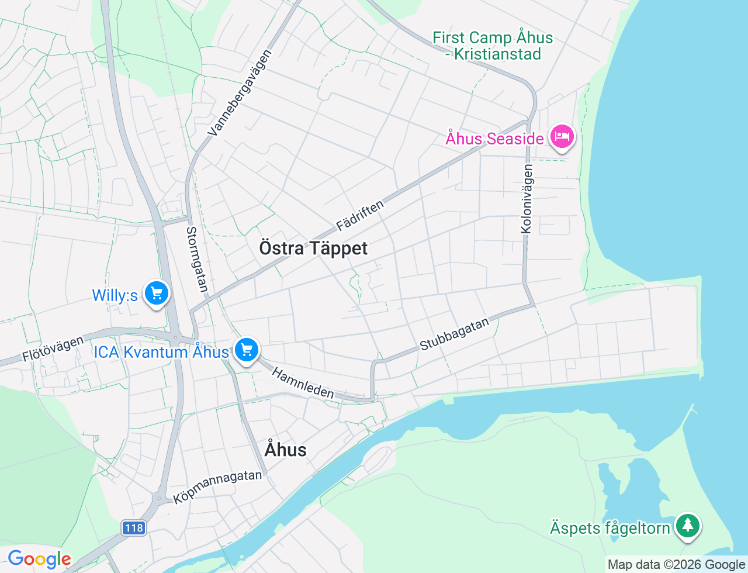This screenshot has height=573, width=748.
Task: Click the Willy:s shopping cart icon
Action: [156, 294]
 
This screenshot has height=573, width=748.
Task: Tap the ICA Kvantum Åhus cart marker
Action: [247, 350]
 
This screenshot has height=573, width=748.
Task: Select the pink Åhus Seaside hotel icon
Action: [562, 137]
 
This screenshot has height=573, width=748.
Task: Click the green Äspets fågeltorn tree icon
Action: [688, 525]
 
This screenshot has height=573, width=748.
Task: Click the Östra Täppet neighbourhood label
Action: [313, 248]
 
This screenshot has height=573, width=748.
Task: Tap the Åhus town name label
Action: [285, 450]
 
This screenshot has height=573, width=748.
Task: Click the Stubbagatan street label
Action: [454, 334]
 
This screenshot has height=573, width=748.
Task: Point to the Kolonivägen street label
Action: [527, 199]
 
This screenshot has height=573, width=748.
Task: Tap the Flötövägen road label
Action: [53, 349]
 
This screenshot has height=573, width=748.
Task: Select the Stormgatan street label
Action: [197, 259]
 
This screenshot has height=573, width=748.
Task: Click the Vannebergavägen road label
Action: [240, 94]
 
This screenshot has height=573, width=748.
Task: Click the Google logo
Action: [39, 559]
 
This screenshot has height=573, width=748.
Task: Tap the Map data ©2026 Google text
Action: [676, 564]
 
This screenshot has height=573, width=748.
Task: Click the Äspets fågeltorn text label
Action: [610, 528]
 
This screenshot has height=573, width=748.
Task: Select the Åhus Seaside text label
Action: [494, 139]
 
